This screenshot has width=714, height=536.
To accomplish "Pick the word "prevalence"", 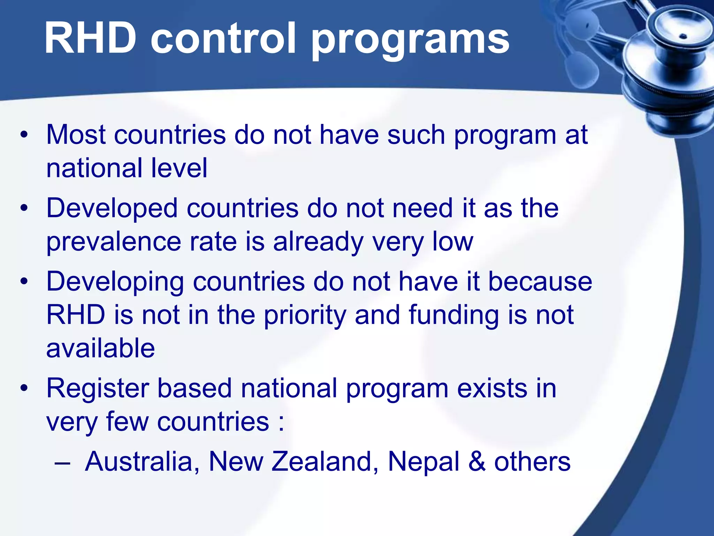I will pos(114,242).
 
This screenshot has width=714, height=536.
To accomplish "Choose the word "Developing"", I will pos(115,282).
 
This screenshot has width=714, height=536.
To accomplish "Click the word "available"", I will pos(100,348).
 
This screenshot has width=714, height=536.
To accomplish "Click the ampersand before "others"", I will pos(477,462).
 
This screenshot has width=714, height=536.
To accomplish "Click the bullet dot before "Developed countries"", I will pos(24,209).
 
